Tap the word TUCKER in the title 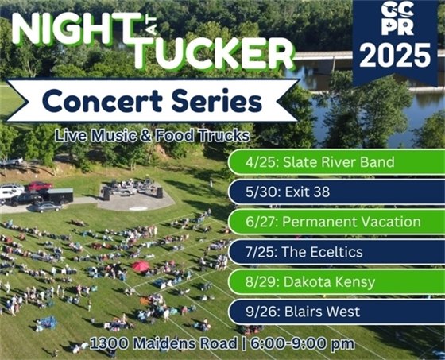click(x=213, y=53)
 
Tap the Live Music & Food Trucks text click(x=153, y=136)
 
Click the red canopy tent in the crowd click(x=141, y=266)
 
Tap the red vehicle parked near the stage click(x=39, y=187)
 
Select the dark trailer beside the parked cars click(x=60, y=195)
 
